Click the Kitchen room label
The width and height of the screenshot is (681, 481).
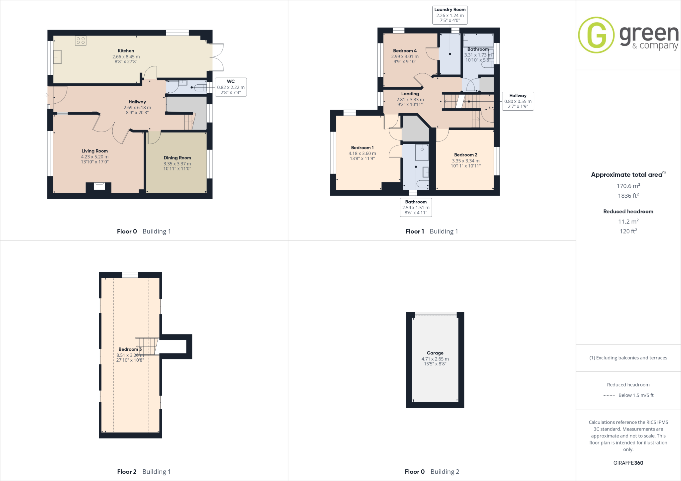click(x=126, y=51)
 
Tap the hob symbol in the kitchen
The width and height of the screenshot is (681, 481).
click(x=81, y=41)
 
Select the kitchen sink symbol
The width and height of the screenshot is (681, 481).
click(x=57, y=57)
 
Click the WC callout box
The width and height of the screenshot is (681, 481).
click(x=231, y=87)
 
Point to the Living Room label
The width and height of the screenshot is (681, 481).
click(x=95, y=151)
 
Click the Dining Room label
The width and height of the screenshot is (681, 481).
click(x=177, y=158)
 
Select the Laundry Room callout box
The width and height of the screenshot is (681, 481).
click(x=450, y=15)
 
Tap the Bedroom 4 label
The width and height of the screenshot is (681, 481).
click(x=405, y=51)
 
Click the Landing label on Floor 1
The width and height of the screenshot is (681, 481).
click(x=410, y=94)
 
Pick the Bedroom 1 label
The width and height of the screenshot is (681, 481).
click(x=362, y=148)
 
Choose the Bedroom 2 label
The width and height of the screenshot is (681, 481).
click(x=466, y=155)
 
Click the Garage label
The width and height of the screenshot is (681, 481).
click(x=435, y=353)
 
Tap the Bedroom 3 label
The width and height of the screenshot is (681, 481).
click(x=130, y=349)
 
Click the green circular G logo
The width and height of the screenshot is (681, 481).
click(x=596, y=35)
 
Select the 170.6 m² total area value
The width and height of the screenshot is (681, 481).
click(x=628, y=186)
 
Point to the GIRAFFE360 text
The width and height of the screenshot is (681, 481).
click(x=628, y=463)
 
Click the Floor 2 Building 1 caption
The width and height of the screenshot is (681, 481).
click(x=144, y=472)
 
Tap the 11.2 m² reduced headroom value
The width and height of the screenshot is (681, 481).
click(x=628, y=222)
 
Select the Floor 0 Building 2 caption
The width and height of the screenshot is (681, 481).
click(x=432, y=472)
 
